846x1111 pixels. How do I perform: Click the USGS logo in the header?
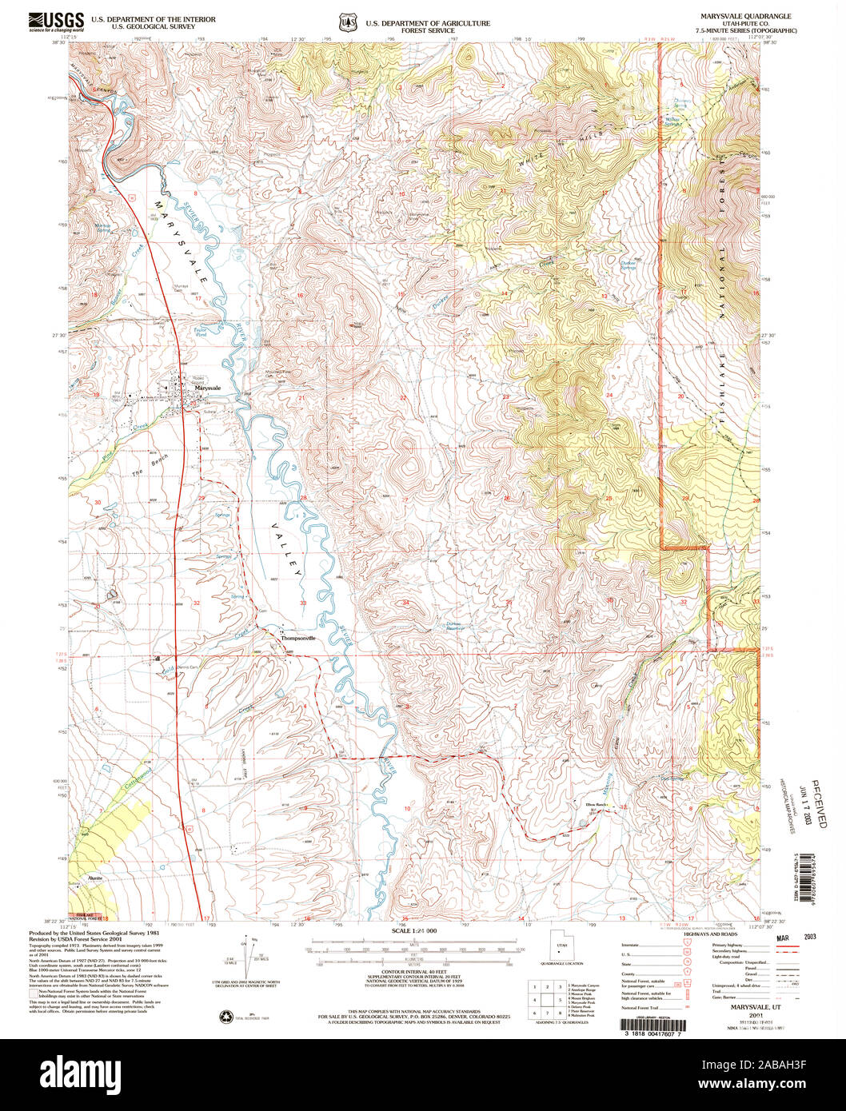point(56,20)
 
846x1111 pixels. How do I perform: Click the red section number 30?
point(98,502)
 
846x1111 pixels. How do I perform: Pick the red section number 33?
point(303,603)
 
